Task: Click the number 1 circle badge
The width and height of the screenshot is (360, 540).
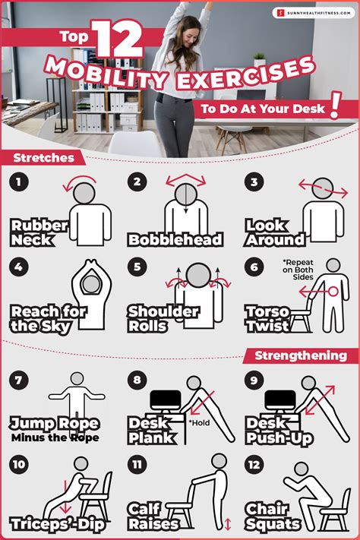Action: [21, 182]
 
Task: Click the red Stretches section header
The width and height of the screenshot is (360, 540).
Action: [43, 159]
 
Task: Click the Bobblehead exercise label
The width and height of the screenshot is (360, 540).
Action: [175, 240]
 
